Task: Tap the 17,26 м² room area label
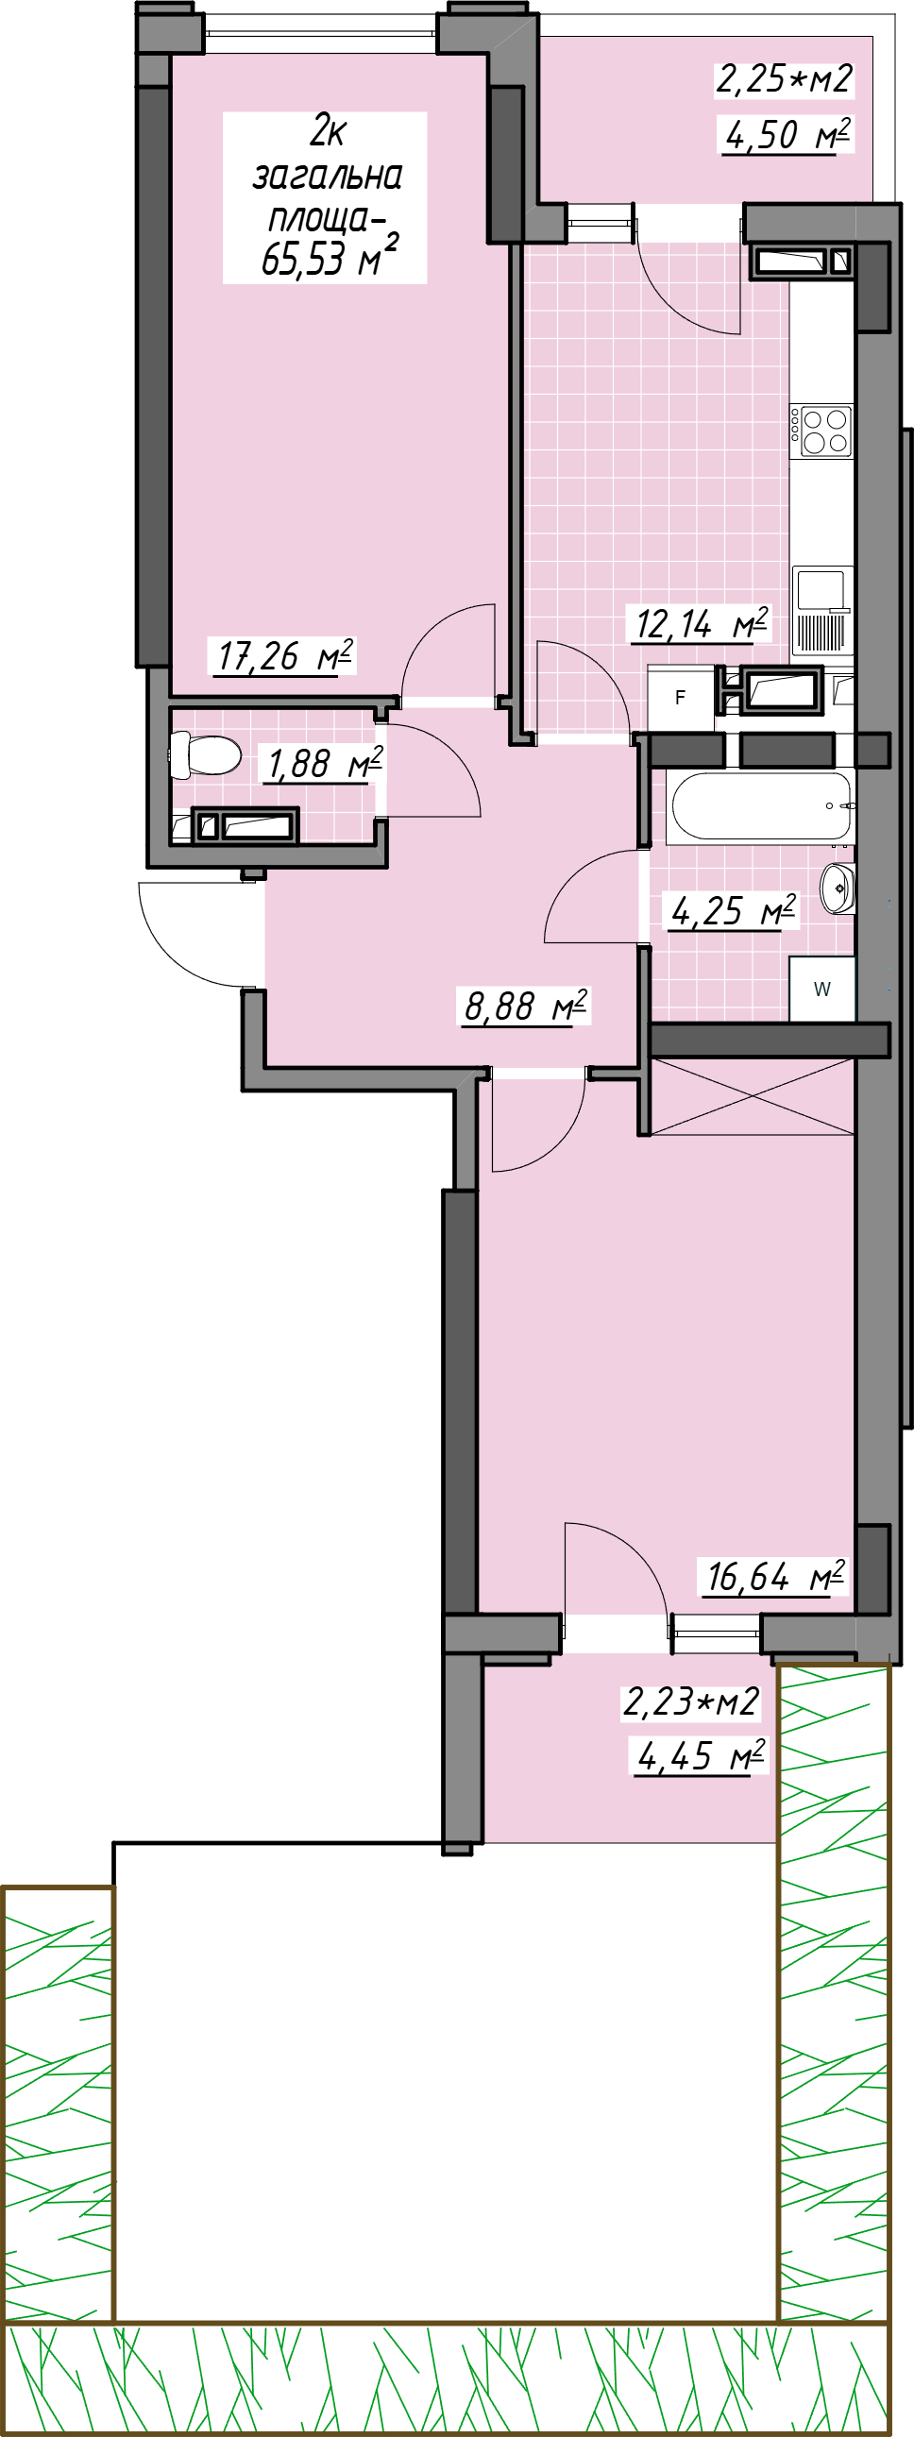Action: (285, 655)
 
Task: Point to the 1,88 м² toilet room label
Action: (325, 764)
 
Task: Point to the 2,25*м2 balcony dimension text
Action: (785, 78)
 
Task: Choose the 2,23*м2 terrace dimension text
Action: (691, 1701)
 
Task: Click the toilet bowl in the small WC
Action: (204, 755)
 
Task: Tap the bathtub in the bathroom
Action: (761, 806)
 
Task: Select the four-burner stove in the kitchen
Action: (821, 431)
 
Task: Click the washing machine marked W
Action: (822, 989)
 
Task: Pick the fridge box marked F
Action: (680, 698)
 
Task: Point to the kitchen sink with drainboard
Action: (823, 610)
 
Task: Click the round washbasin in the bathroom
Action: (838, 888)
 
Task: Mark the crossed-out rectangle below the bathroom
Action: (753, 1097)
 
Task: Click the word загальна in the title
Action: (328, 176)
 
